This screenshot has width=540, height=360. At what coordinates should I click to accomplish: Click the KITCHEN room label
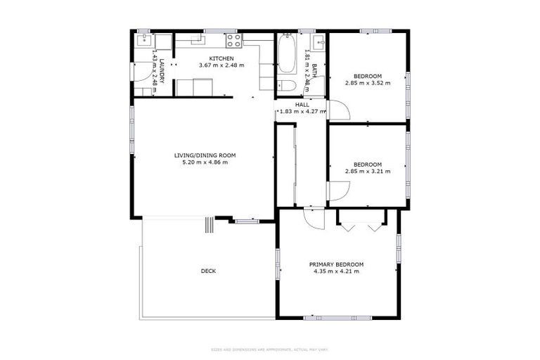(x=221, y=58)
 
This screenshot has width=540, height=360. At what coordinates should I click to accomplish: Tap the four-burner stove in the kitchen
(x=234, y=39)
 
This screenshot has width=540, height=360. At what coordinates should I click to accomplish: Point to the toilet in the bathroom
(x=285, y=86)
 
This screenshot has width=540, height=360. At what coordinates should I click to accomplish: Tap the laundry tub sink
(x=143, y=40)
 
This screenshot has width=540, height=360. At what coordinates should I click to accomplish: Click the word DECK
(x=208, y=271)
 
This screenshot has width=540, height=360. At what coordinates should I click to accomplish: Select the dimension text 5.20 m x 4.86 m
(x=205, y=162)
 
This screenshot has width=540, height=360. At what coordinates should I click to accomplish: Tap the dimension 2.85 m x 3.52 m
(x=367, y=83)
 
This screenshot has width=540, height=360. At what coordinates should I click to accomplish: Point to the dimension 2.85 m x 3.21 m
(x=367, y=171)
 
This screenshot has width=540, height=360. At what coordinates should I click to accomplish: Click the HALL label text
(x=302, y=105)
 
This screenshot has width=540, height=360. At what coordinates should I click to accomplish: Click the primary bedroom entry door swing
(x=314, y=219)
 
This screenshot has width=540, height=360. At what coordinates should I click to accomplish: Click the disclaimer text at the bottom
(x=269, y=349)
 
